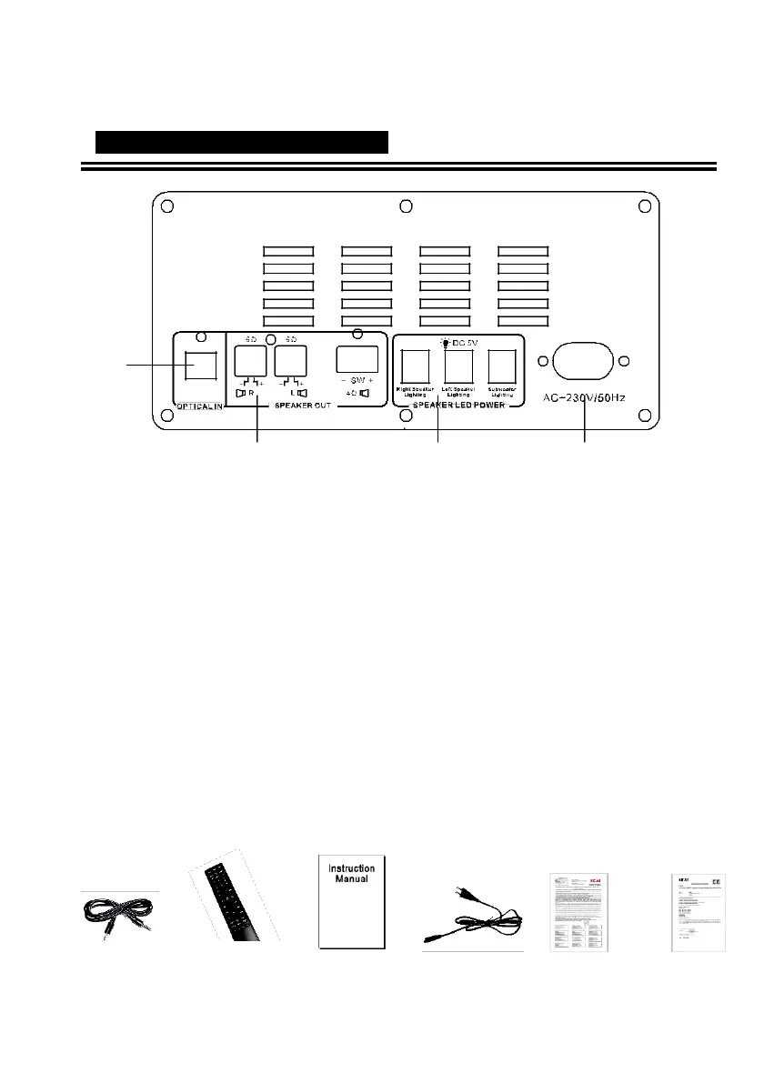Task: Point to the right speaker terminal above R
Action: coord(249,362)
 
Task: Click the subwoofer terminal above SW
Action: coord(357,361)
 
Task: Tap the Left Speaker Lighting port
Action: coord(458,366)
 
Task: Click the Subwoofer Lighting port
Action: coord(502,366)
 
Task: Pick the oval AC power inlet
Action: coord(583,361)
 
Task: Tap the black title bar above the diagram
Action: coord(242,142)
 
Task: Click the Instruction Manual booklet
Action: coord(352,900)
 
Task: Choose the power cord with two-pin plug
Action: coord(473,918)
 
